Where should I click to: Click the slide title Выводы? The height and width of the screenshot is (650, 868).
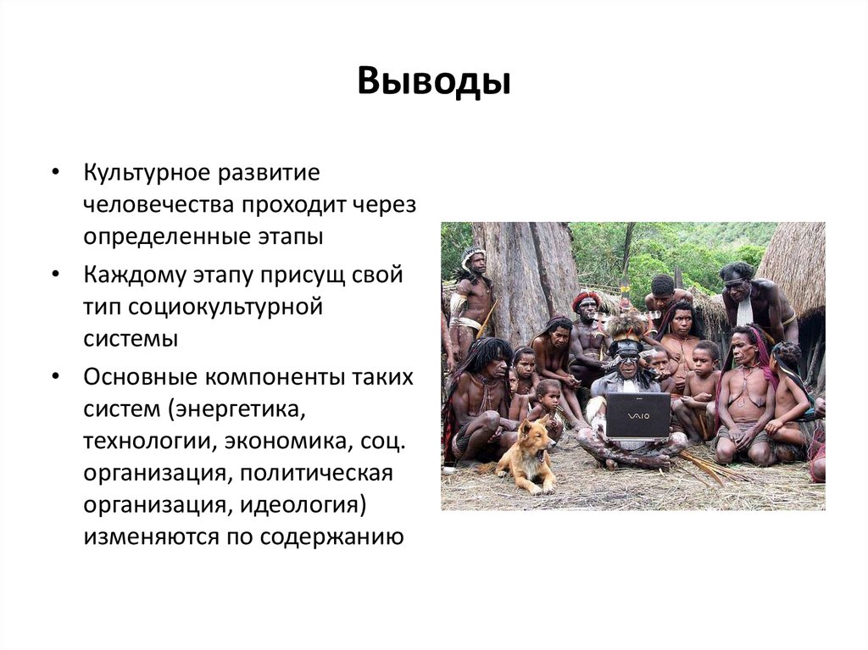(433, 83)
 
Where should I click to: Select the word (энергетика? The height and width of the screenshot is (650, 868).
(235, 409)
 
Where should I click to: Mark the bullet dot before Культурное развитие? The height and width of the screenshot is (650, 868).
(55, 172)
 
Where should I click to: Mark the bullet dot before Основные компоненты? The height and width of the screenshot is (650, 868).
(55, 377)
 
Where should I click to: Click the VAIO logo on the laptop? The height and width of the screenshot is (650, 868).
(637, 416)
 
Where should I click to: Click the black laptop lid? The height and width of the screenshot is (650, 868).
(637, 414)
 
